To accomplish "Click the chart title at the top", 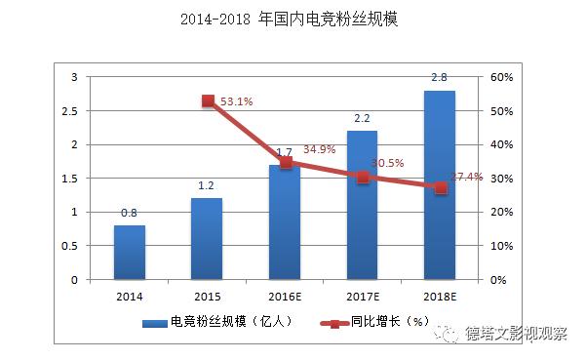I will (x=292, y=20).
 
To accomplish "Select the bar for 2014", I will (x=130, y=252).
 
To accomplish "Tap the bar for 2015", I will (x=207, y=238).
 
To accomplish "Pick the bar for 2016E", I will (x=285, y=221).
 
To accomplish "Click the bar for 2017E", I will (x=362, y=205).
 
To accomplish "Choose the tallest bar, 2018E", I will (x=440, y=184).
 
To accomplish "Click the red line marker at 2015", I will (x=208, y=100).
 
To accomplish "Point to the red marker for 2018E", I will (x=441, y=187).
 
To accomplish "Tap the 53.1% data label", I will (x=238, y=100).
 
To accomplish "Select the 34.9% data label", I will (x=320, y=150).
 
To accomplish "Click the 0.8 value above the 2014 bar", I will (x=130, y=213).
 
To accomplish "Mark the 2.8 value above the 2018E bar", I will (x=440, y=77).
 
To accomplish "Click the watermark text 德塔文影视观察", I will (x=516, y=335).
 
